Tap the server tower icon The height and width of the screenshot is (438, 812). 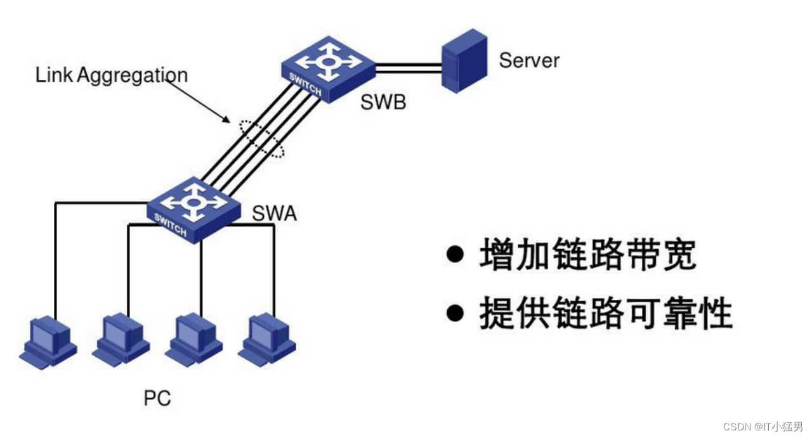pyautogui.click(x=464, y=61)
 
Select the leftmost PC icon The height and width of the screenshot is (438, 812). pyautogui.click(x=48, y=343)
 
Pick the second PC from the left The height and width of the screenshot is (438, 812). pyautogui.click(x=121, y=339)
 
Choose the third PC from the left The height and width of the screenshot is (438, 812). pyautogui.click(x=193, y=339)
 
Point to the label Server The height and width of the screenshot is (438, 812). pyautogui.click(x=529, y=61)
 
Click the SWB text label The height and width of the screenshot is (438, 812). pyautogui.click(x=383, y=102)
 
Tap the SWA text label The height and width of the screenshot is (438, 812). pyautogui.click(x=274, y=214)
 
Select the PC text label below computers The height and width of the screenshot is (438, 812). pyautogui.click(x=157, y=399)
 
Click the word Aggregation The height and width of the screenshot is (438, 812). pyautogui.click(x=133, y=76)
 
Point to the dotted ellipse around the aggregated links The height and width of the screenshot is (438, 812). pyautogui.click(x=262, y=138)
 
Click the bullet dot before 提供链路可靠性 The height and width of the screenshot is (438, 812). pyautogui.click(x=455, y=313)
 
